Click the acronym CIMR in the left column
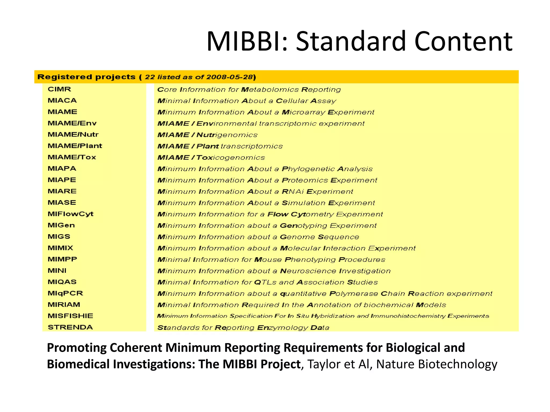click(x=59, y=89)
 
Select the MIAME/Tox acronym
click(x=72, y=157)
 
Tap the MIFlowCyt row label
click(x=70, y=214)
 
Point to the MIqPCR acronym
click(x=65, y=293)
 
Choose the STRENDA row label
click(x=70, y=327)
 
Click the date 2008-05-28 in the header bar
click(x=230, y=77)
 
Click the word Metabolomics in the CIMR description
click(x=270, y=90)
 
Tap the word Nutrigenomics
click(x=227, y=135)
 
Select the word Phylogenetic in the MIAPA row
click(x=308, y=169)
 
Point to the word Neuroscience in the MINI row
click(x=308, y=271)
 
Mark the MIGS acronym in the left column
click(x=59, y=237)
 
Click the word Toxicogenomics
click(x=230, y=157)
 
